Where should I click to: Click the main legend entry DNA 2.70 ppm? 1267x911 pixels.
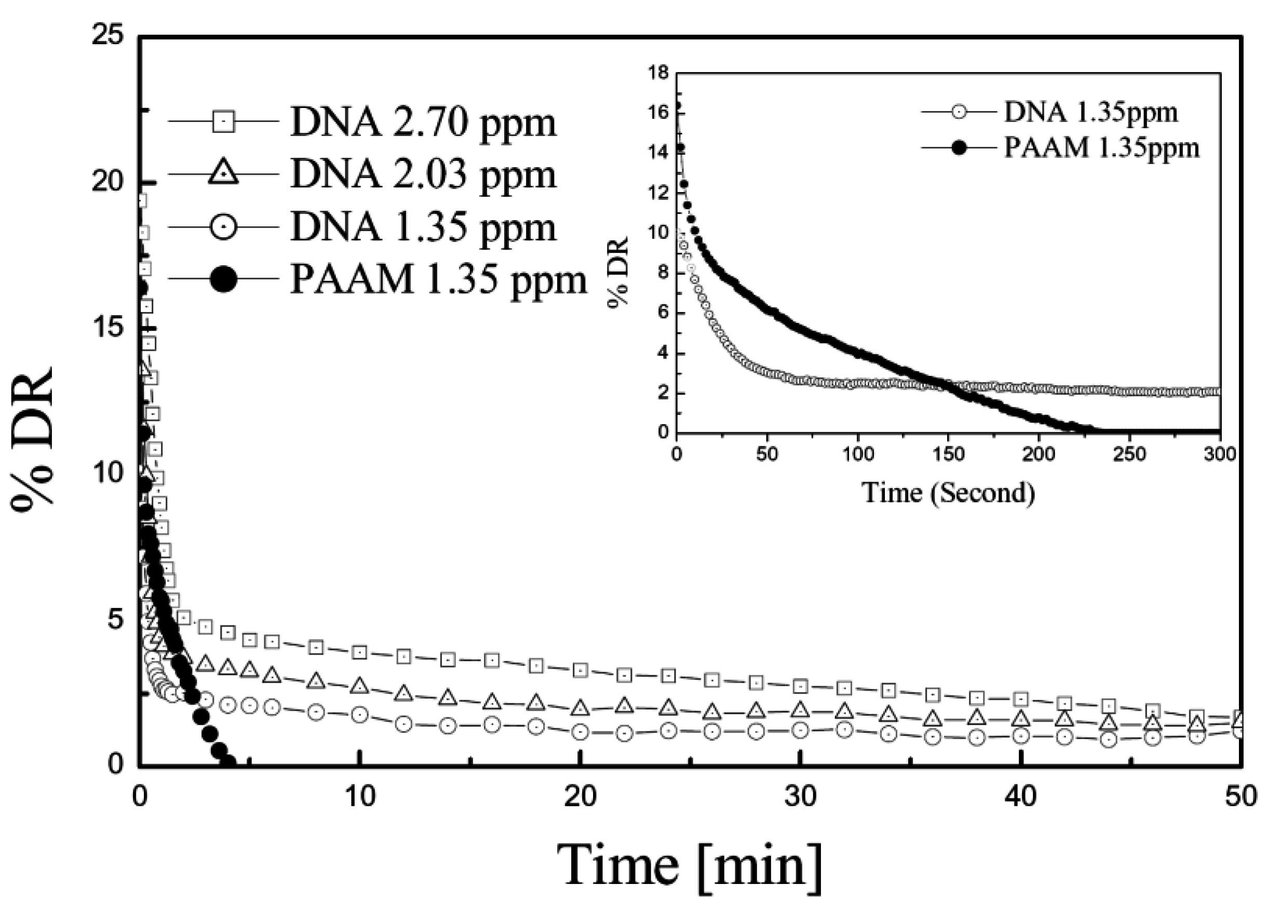point(423,123)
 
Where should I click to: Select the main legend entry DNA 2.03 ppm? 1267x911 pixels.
point(423,174)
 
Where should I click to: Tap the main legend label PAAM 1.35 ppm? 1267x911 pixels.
point(439,279)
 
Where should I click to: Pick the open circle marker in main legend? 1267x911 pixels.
point(223,227)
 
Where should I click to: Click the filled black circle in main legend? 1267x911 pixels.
point(223,279)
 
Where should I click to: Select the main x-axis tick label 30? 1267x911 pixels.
point(800,797)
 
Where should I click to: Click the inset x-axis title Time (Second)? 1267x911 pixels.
point(948,493)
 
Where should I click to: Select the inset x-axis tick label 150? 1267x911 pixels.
point(948,454)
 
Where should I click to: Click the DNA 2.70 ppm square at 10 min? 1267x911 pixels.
point(360,652)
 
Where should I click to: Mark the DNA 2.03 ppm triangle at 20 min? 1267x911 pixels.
point(581,708)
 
